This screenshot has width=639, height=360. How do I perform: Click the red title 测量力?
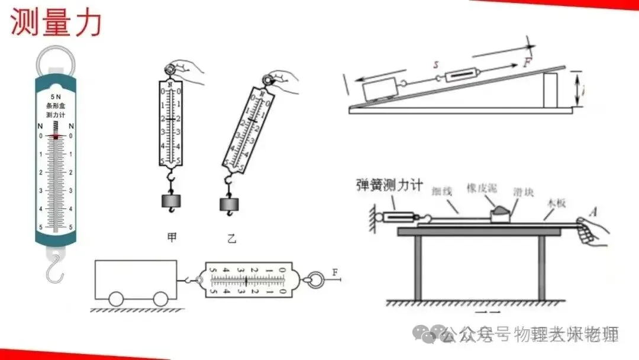coord(57,23)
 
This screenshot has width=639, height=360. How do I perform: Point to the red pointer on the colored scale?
coord(56,136)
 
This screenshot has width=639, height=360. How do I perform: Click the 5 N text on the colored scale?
coord(56,96)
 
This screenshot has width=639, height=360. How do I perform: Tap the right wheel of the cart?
coord(160,299)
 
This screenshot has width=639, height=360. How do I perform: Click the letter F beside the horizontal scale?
coord(335,272)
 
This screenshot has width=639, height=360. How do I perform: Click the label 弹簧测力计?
coord(389,185)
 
